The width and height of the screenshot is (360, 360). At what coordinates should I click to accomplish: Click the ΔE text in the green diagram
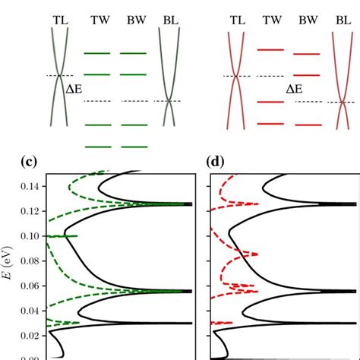[x=75, y=88]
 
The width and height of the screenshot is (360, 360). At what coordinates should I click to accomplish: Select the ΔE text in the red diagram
[x=295, y=88]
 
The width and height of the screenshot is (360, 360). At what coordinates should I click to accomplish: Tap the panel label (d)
[x=216, y=162]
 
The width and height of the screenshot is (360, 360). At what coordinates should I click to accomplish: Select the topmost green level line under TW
[x=97, y=53]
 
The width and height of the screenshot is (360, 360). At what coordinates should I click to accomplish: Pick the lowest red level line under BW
[x=307, y=122]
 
